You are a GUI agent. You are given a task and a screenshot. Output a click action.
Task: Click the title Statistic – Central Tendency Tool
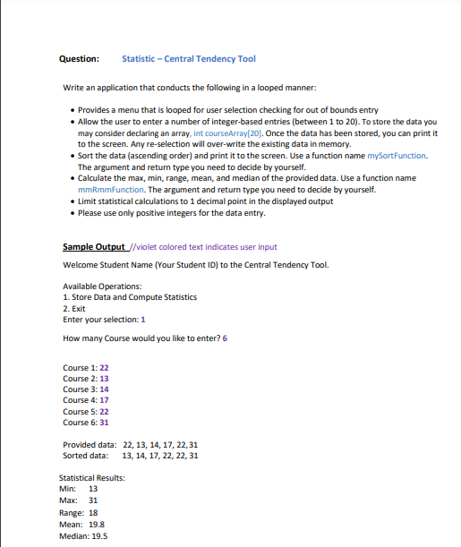[x=189, y=59]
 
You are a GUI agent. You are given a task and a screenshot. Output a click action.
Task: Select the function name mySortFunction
[x=388, y=156]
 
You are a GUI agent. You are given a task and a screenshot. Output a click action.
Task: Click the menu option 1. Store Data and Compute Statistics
[x=118, y=296]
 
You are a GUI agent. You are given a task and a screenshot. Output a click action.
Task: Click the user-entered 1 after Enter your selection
[x=143, y=320]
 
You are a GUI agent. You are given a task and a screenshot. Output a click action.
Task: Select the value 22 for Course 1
[x=104, y=368]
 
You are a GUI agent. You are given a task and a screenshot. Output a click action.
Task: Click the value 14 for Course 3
[x=104, y=389]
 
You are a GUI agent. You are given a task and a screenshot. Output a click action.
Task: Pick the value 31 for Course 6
[x=104, y=422]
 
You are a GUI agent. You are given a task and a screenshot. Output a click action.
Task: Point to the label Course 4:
[x=79, y=400]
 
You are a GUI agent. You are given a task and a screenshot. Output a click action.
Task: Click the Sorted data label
[x=86, y=456]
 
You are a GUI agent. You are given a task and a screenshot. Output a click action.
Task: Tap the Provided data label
[x=89, y=445]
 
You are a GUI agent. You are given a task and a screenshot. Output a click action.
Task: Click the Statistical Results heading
[x=92, y=479]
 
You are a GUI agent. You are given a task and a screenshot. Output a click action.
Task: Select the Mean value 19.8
[x=96, y=524]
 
